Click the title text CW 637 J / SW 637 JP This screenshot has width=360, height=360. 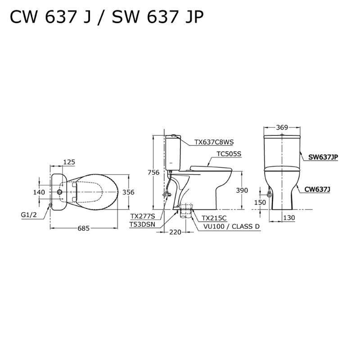107,17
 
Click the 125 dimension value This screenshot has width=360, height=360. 69,162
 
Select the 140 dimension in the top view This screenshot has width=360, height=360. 39,192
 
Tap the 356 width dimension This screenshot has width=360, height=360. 129,192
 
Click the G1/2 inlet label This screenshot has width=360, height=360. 28,215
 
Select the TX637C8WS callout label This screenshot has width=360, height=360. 214,142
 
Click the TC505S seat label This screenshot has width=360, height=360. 229,154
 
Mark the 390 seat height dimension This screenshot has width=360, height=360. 242,191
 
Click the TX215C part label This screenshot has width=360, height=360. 214,217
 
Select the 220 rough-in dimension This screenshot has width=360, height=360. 175,233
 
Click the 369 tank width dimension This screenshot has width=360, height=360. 282,127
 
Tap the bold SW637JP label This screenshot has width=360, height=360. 323,157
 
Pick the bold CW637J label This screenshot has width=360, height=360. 317,189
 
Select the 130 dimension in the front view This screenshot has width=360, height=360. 289,218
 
